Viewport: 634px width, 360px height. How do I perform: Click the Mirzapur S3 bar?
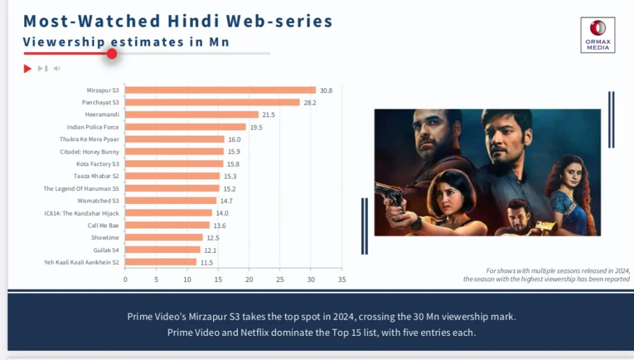[220, 90]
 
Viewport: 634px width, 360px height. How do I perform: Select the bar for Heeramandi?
[192, 115]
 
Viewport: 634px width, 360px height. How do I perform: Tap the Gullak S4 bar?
[163, 250]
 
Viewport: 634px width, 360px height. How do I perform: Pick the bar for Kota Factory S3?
[174, 164]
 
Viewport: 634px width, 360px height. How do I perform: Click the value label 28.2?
[310, 102]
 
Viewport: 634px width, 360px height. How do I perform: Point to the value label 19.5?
[256, 127]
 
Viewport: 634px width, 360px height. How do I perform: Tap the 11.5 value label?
[206, 262]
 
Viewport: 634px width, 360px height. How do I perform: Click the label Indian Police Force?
[93, 127]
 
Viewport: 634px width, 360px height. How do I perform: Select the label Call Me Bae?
[103, 226]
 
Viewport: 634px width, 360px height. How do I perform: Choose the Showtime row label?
[105, 238]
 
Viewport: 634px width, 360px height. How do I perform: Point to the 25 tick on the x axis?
[280, 279]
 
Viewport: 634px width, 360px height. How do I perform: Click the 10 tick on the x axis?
[187, 279]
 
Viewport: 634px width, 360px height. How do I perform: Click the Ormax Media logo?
[597, 35]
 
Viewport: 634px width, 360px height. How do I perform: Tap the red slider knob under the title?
[112, 54]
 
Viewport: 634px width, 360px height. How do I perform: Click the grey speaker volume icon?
[57, 68]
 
